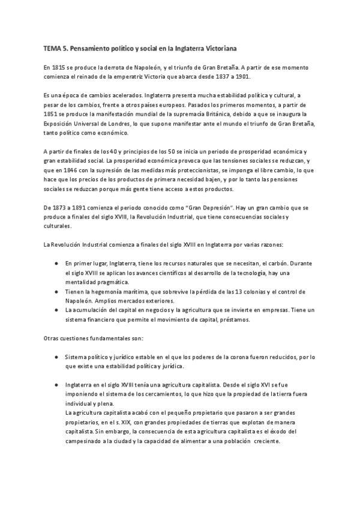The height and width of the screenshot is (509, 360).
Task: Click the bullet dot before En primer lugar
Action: click(x=56, y=264)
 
